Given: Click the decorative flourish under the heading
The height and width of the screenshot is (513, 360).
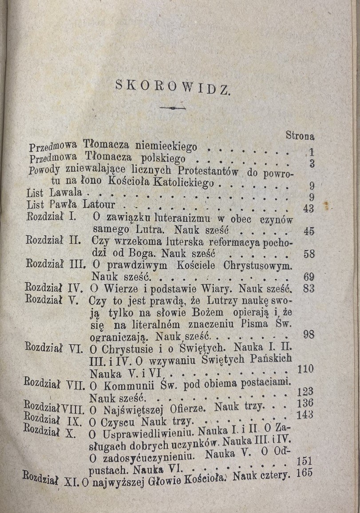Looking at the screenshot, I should tap(173, 108).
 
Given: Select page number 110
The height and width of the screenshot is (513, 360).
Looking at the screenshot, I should tap(305, 368).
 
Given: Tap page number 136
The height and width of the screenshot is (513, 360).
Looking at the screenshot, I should tap(305, 403).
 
